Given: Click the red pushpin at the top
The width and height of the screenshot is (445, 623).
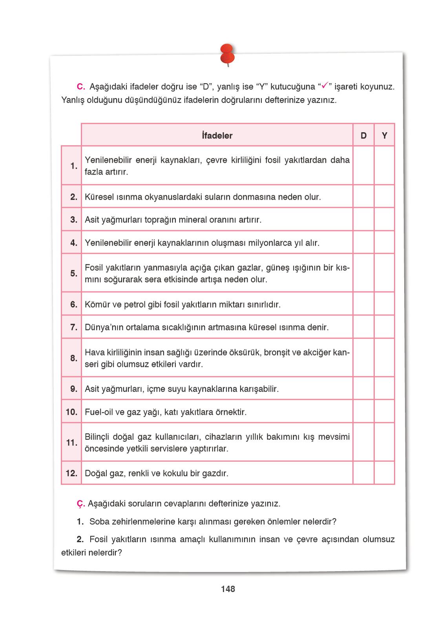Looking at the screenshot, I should click(x=227, y=55).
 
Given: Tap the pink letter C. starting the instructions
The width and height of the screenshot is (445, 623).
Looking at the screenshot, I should click(x=81, y=87).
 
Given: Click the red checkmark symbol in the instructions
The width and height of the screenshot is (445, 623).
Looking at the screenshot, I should click(x=325, y=85).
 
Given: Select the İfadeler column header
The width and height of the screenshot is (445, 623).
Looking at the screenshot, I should click(x=217, y=135).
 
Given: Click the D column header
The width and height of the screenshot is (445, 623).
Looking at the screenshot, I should click(x=363, y=135).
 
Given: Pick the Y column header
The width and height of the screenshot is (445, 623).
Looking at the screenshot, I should click(x=384, y=135).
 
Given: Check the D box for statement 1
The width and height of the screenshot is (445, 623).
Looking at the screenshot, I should click(x=363, y=166).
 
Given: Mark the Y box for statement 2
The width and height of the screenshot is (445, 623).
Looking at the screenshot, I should click(x=384, y=197).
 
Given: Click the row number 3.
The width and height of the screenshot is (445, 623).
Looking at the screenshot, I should click(x=73, y=220).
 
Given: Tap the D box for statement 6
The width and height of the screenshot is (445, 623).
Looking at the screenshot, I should click(x=363, y=304).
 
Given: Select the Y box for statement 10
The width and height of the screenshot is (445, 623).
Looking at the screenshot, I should click(x=384, y=412).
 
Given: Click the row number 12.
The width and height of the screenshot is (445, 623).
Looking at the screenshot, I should click(x=71, y=473).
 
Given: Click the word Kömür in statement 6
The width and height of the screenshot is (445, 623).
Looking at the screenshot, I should click(x=95, y=304).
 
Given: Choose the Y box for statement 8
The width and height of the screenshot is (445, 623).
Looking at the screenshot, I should click(x=384, y=358).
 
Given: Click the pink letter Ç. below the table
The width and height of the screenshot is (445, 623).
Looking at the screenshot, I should click(x=81, y=504).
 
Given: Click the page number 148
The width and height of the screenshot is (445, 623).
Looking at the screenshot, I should click(x=228, y=589).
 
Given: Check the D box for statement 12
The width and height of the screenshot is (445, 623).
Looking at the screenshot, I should click(x=363, y=473).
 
